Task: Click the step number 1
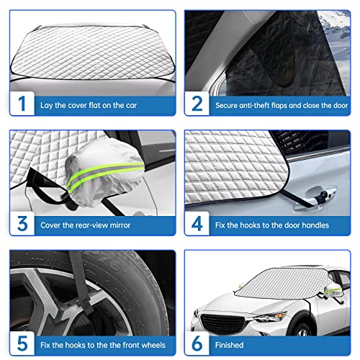pos(22,104)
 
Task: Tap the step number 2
pos(197,104)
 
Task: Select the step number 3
pos(22,224)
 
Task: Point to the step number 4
pos(197,224)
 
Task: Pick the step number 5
pos(22,343)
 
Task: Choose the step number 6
pos(197,343)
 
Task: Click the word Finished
pos(229,345)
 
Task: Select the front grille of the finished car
pos(222,325)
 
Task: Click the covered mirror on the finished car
pos(333,291)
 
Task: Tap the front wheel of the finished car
pos(302,329)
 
